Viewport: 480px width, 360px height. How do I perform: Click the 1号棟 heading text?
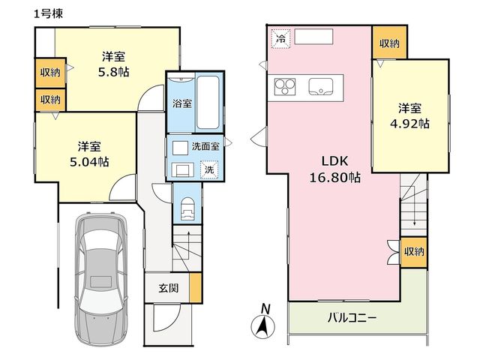48,14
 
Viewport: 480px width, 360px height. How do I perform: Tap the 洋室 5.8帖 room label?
113,64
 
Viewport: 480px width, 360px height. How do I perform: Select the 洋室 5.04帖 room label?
89,154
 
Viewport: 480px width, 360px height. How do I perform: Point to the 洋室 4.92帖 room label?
409,116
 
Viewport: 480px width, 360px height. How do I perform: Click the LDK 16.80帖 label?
334,169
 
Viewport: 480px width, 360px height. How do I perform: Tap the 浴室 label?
182,103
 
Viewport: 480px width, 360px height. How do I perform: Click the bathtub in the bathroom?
208,102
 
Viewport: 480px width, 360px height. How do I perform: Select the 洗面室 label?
205,146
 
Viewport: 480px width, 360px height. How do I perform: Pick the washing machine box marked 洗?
209,169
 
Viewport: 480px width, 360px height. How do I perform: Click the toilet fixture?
187,208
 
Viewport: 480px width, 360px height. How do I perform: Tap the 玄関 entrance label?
168,288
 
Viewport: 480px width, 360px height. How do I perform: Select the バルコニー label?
352,318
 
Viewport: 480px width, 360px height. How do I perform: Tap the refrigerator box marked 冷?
280,38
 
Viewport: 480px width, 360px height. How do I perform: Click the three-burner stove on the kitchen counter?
285,87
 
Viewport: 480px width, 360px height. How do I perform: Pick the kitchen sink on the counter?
321,86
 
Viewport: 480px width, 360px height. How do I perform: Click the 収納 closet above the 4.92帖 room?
389,43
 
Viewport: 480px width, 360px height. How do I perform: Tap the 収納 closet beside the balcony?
414,252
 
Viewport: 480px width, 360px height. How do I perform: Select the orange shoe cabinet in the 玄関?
195,288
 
